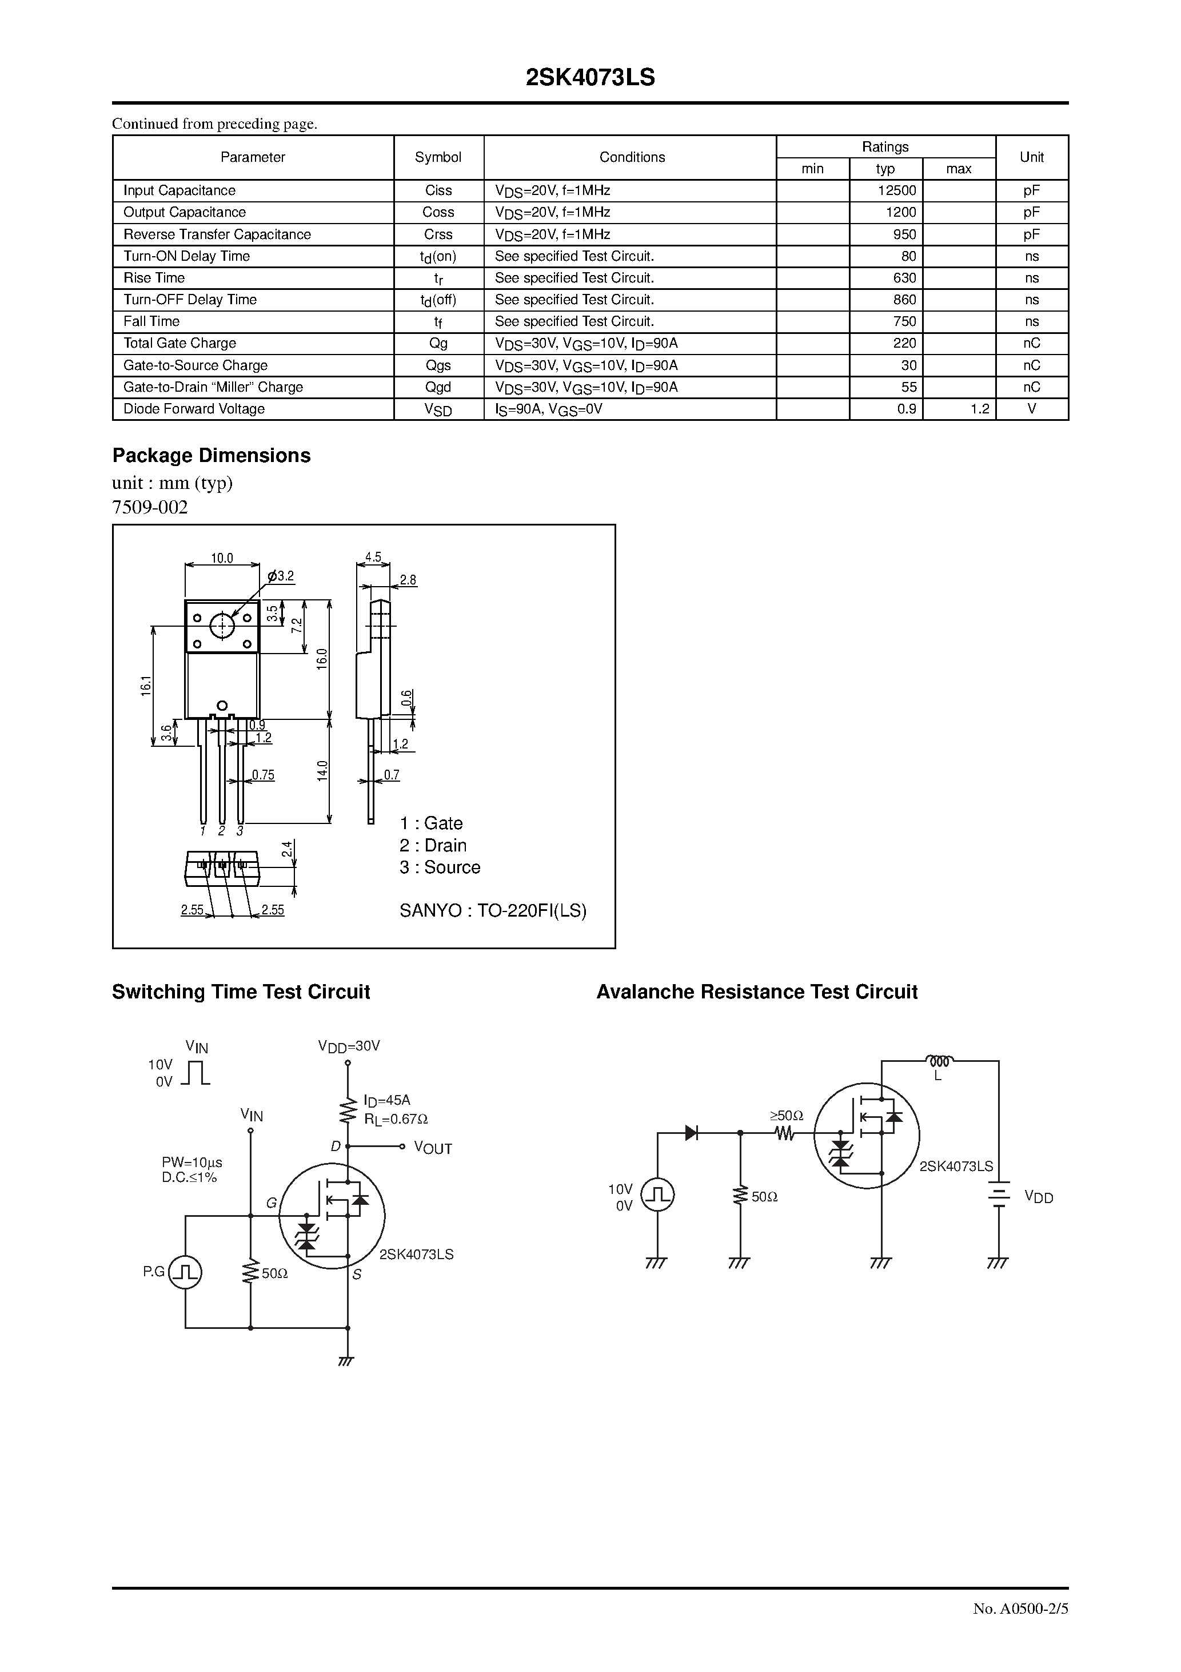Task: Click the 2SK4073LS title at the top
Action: pos(590,78)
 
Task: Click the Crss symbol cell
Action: pos(438,234)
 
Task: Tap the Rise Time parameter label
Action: pos(154,278)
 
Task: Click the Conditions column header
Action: pos(631,157)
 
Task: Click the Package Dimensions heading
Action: pos(211,456)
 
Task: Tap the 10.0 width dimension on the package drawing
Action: pos(222,559)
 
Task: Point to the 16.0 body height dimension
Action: pos(322,659)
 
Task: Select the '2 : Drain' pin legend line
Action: pos(433,846)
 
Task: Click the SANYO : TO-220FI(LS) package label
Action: pos(493,911)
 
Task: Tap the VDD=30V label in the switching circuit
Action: pos(349,1046)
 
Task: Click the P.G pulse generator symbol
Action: pos(185,1272)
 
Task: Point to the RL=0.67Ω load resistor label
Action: pos(396,1119)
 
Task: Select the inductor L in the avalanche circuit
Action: pos(939,1061)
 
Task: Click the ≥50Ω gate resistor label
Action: pos(787,1116)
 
